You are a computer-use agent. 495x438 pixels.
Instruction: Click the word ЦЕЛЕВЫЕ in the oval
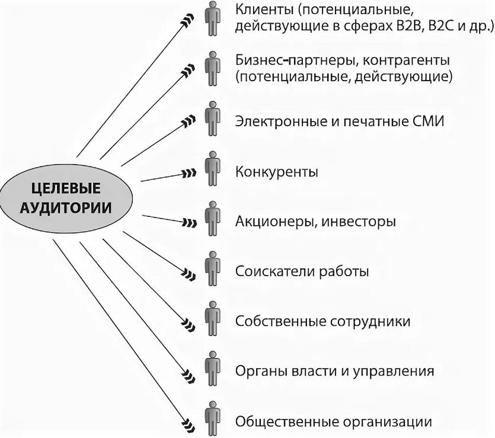pos(66,188)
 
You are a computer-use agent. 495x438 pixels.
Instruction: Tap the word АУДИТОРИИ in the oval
pos(66,208)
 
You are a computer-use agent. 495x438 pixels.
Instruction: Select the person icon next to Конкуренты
pos(212,168)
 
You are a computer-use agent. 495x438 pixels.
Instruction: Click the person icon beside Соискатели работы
pos(212,268)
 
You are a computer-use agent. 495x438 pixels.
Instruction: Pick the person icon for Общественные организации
pos(212,419)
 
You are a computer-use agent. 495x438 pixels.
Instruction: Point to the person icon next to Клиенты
pos(212,18)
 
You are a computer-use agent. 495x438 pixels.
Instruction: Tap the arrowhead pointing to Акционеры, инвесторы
pos(190,223)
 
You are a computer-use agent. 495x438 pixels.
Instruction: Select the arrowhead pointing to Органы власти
pos(189,376)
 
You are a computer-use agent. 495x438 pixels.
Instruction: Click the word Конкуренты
pos(276,172)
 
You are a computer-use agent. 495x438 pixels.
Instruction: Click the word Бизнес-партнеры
pos(295,60)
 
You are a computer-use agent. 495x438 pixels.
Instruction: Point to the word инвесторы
pos(359,222)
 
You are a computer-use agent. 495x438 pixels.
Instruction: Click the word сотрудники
pos(371,322)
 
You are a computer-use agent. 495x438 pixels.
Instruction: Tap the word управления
pos(394,372)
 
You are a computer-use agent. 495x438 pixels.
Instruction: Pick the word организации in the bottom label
pos(387,422)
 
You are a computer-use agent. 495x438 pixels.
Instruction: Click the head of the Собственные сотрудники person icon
pos(212,305)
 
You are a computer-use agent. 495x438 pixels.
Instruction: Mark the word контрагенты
pos(406,60)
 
